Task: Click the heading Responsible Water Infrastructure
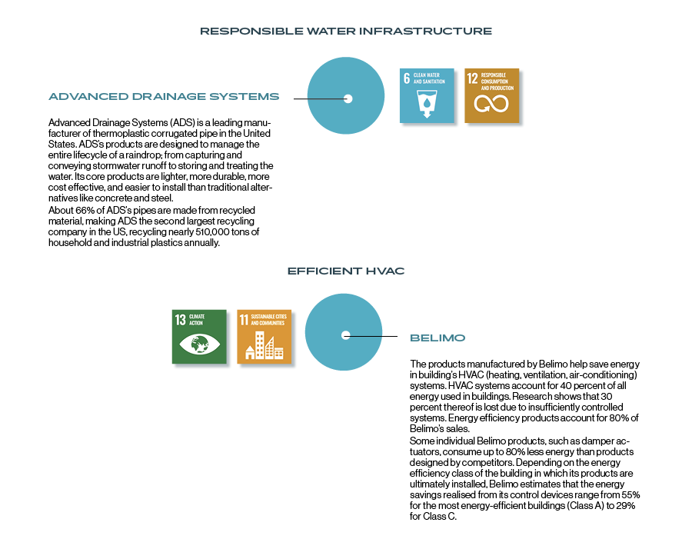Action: point(346,31)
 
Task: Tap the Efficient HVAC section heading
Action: point(346,271)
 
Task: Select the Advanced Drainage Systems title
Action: point(164,97)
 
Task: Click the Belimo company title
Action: point(437,338)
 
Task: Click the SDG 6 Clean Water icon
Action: point(427,96)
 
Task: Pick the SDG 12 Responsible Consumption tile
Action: point(491,96)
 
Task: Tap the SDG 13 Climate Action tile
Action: point(199,337)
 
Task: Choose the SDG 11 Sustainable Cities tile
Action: point(264,337)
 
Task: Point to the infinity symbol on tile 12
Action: point(491,104)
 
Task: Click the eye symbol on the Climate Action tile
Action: point(199,344)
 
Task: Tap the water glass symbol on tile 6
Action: point(427,104)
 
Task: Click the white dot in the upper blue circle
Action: point(348,99)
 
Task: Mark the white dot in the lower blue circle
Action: point(346,335)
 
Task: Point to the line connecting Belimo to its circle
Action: point(371,336)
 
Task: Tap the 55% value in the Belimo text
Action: point(630,495)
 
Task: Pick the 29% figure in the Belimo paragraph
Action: point(625,506)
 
